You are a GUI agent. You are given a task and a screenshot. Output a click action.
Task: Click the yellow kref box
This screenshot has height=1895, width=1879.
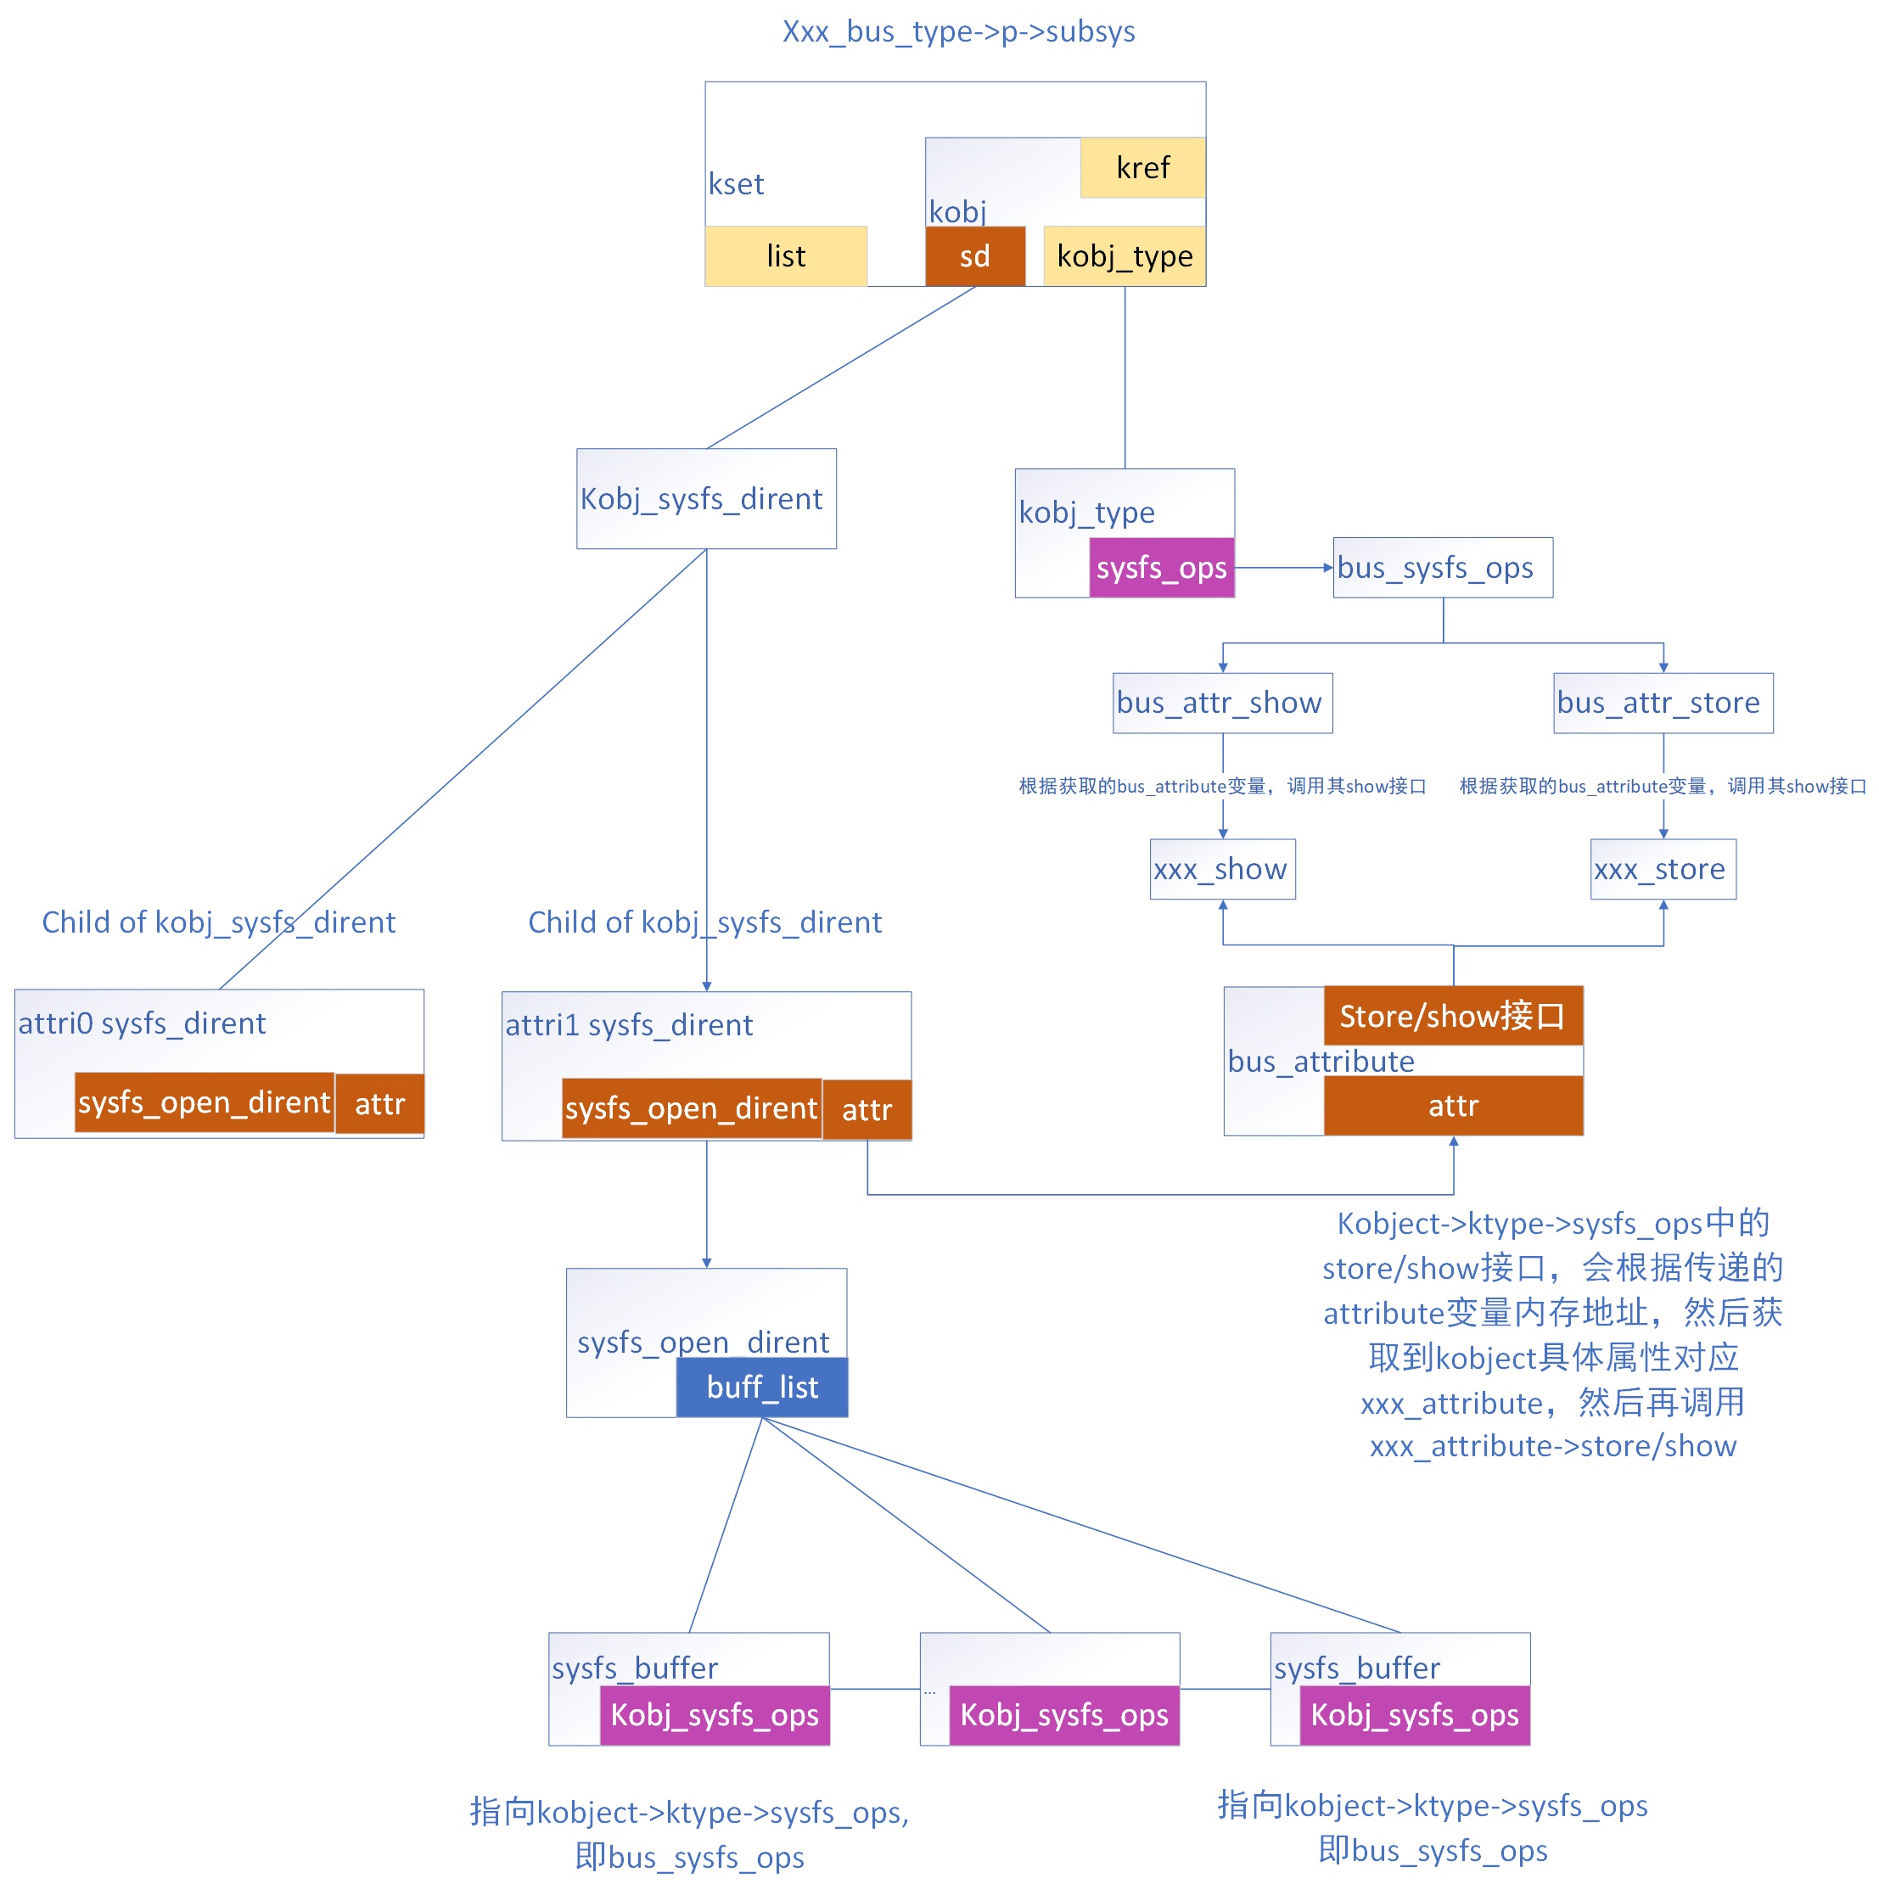[x=1141, y=168]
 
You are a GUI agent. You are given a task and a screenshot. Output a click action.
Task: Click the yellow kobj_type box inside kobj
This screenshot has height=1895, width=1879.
[x=1124, y=256]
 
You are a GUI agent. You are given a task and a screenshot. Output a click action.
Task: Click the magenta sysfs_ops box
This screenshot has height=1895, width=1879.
[x=1160, y=567]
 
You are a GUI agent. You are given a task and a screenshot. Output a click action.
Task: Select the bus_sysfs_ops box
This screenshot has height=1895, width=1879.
[x=1442, y=567]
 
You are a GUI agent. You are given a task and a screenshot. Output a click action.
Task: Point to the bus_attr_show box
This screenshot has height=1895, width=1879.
[x=1221, y=703]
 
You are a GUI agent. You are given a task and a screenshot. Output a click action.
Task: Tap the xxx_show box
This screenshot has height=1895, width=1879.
[x=1221, y=868]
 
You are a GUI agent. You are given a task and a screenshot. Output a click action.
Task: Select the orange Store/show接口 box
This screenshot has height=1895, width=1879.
[x=1451, y=1015]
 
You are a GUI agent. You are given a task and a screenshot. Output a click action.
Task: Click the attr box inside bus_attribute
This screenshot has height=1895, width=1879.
[x=1451, y=1106]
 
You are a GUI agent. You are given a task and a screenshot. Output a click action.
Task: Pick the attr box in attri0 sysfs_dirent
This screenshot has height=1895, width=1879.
[x=379, y=1103]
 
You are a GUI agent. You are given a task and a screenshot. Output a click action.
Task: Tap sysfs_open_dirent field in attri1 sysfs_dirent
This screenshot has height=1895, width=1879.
[x=690, y=1108]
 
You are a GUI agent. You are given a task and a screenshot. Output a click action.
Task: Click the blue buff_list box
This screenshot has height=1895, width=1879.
[x=761, y=1386]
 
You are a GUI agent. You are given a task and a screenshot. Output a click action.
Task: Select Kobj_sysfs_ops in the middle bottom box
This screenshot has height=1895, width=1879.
[x=1063, y=1713]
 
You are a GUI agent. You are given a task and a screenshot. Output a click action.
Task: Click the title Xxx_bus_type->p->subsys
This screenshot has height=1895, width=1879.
[x=957, y=31]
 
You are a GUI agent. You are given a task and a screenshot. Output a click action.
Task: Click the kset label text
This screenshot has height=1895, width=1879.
[x=736, y=184]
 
